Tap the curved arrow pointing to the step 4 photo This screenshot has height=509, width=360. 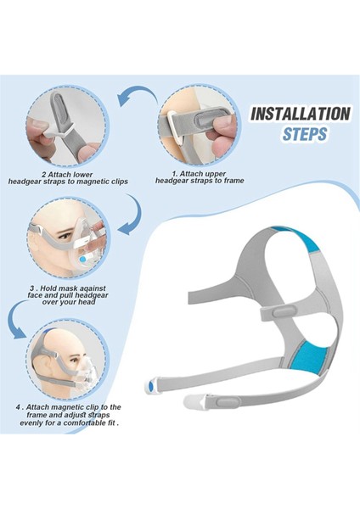click(17, 321)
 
